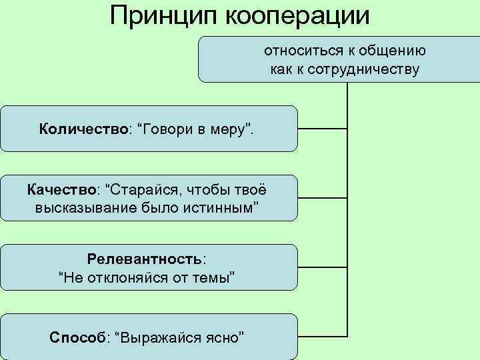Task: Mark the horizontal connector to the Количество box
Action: pos(323,128)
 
